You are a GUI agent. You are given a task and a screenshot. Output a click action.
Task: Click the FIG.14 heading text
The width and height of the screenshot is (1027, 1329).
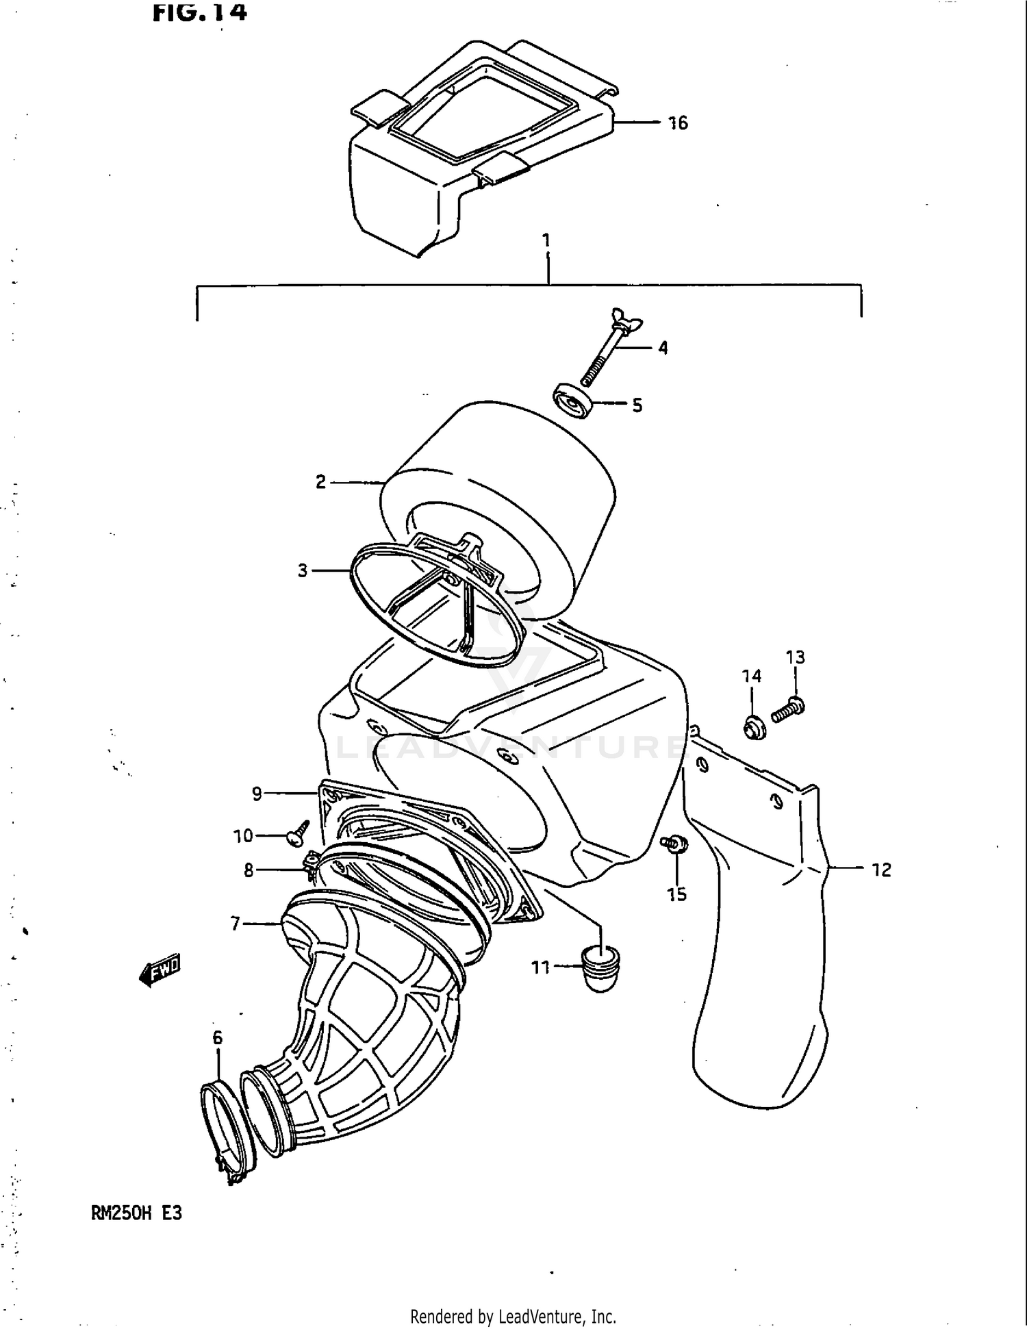point(199,12)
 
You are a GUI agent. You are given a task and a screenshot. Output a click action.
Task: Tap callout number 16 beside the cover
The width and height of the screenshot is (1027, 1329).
point(678,123)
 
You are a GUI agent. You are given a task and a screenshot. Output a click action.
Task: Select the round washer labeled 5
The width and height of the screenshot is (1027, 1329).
point(572,401)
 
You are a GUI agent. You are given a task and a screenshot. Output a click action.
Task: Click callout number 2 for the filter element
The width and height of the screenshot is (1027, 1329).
point(320,482)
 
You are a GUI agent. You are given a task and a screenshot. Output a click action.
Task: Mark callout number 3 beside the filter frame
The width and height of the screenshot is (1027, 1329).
point(303,570)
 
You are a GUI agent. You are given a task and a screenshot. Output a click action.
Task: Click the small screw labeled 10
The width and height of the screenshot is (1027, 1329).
point(299,833)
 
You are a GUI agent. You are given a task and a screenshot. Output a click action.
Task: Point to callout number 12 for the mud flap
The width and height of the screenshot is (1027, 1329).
point(881,870)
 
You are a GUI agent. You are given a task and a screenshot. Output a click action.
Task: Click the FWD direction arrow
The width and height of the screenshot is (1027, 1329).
point(160,970)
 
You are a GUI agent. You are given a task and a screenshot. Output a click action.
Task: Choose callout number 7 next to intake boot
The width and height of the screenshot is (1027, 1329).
point(236,924)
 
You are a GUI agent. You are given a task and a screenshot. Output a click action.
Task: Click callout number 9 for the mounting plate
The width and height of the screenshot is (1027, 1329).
point(257,794)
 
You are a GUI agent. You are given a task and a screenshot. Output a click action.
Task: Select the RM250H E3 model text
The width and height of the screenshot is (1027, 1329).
point(136,1213)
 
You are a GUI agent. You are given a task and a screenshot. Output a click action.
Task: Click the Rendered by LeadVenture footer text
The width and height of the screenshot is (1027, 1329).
point(513,1316)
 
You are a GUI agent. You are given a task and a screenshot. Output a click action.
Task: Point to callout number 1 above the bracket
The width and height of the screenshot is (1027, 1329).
point(546,241)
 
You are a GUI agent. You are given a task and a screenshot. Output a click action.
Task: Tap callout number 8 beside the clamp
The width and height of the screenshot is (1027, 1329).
point(249,870)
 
